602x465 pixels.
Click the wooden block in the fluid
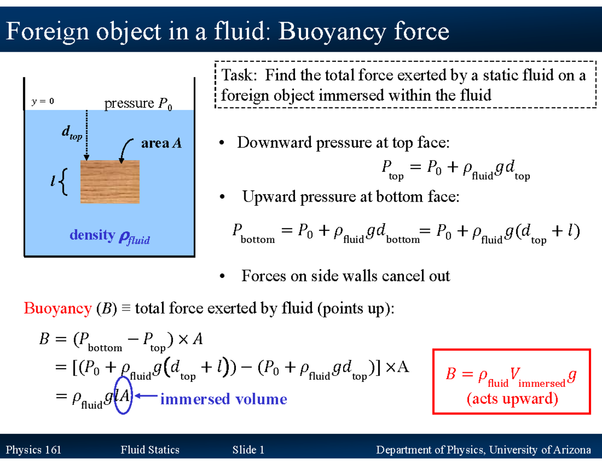(110, 182)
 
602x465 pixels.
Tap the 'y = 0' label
(43, 101)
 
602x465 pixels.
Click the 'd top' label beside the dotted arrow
(72, 133)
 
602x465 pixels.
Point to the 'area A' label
(161, 144)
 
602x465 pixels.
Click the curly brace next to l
(64, 182)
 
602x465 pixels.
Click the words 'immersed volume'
(223, 399)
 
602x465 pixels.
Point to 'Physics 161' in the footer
(33, 450)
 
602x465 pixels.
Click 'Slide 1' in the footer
(248, 450)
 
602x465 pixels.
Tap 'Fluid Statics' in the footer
(150, 450)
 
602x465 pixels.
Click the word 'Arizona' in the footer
(570, 450)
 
